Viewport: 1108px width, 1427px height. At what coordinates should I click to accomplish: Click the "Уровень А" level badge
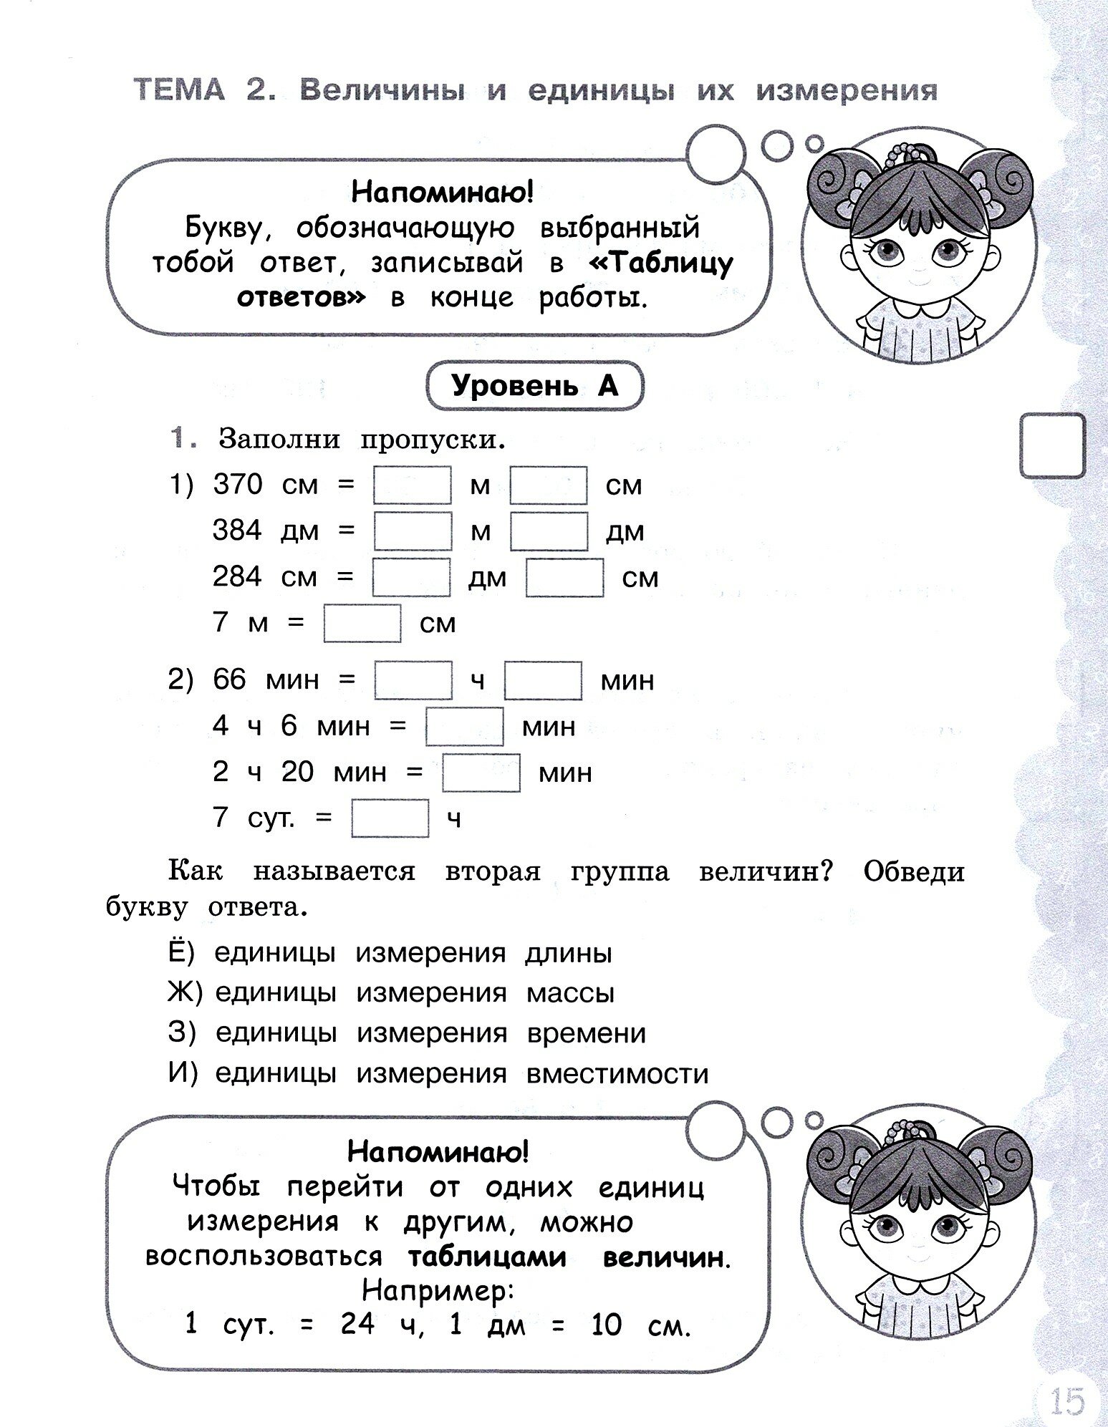pyautogui.click(x=534, y=387)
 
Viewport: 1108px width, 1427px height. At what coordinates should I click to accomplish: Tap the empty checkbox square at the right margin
pyautogui.click(x=1052, y=445)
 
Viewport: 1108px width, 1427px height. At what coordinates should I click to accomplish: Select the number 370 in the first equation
pyautogui.click(x=238, y=485)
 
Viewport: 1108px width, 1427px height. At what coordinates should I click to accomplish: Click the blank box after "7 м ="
pyautogui.click(x=362, y=623)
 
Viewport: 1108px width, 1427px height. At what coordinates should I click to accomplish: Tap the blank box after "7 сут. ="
pyautogui.click(x=390, y=818)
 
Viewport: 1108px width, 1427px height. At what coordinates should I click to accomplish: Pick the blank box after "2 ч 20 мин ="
pyautogui.click(x=481, y=773)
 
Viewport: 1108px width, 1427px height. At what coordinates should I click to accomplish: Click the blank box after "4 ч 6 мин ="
pyautogui.click(x=464, y=727)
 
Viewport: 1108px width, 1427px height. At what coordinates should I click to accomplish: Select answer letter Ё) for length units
pyautogui.click(x=180, y=953)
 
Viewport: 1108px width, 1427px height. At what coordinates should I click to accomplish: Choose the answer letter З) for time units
pyautogui.click(x=180, y=1033)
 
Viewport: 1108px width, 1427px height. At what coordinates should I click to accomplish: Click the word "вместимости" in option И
pyautogui.click(x=617, y=1074)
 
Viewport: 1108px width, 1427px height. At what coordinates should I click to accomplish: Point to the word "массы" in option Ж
pyautogui.click(x=570, y=994)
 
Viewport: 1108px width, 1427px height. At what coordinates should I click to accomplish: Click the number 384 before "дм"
pyautogui.click(x=238, y=531)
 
